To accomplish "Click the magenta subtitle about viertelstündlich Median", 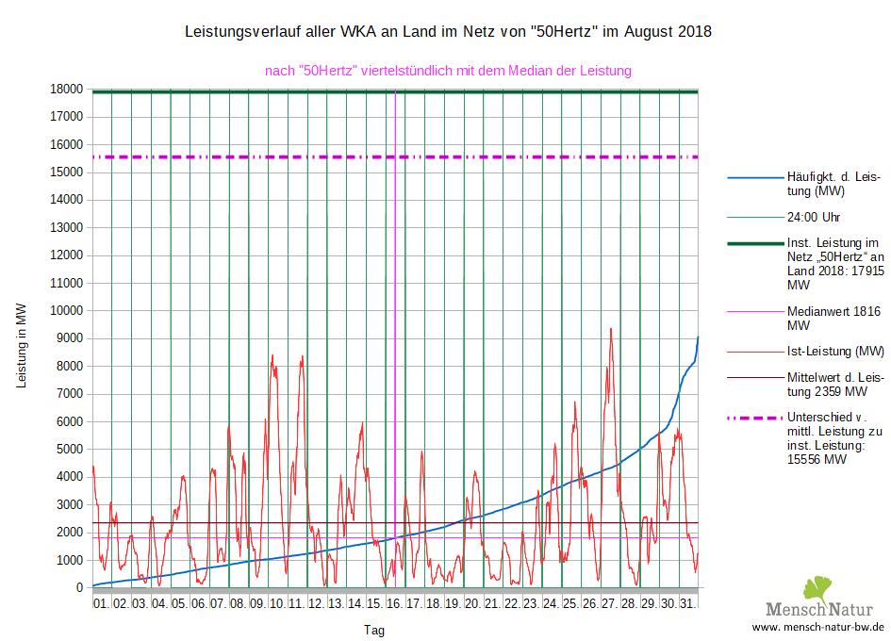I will tap(448, 70).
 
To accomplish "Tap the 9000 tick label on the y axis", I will tap(69, 338).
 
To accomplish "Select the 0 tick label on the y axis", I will tap(80, 587).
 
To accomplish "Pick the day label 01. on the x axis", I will tap(101, 602).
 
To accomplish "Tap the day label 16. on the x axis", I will tap(394, 602).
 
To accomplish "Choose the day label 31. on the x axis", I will tap(688, 602).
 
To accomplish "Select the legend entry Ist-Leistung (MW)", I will tap(835, 352).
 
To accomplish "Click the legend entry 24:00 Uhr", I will tap(813, 217).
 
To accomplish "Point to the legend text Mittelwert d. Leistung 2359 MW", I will tap(835, 385).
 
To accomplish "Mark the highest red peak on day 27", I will tap(611, 329).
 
